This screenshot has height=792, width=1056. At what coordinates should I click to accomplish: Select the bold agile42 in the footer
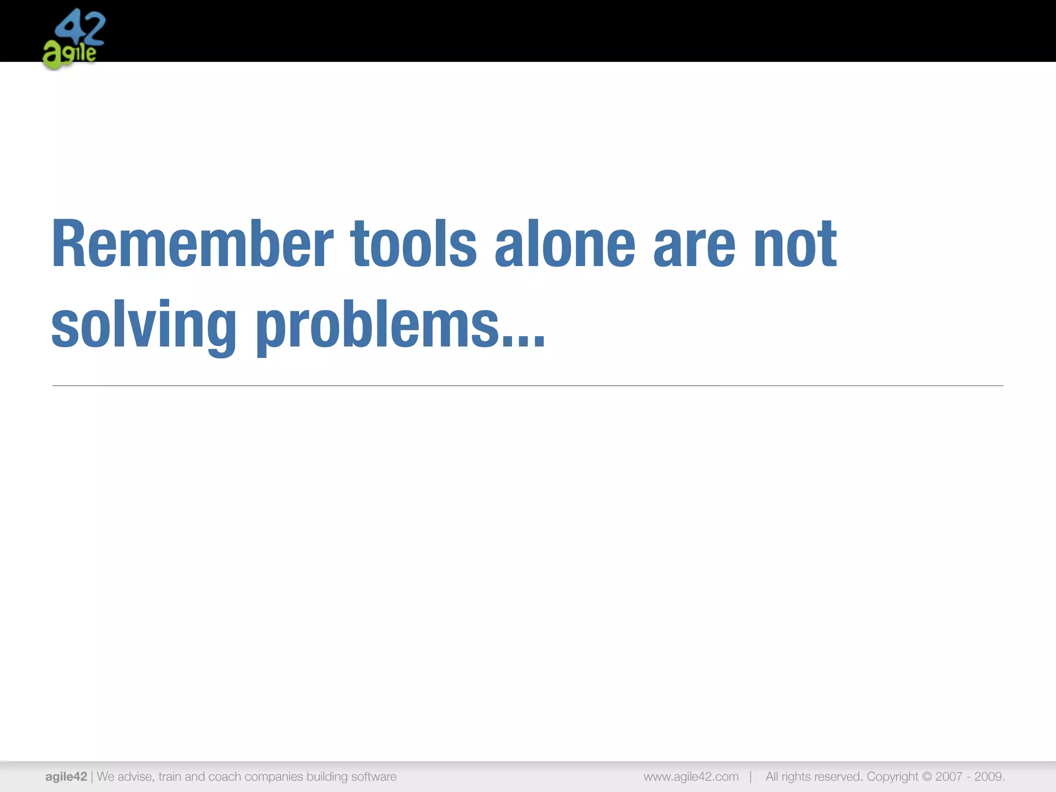point(66,777)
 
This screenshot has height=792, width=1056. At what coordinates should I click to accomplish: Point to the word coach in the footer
point(224,777)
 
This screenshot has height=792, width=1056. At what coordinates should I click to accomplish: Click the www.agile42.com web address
point(691,777)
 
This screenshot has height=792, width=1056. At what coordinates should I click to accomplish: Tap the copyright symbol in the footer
point(927,777)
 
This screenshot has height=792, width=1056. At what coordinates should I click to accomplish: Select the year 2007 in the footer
point(949,777)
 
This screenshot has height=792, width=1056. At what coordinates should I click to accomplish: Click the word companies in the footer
point(274,777)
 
